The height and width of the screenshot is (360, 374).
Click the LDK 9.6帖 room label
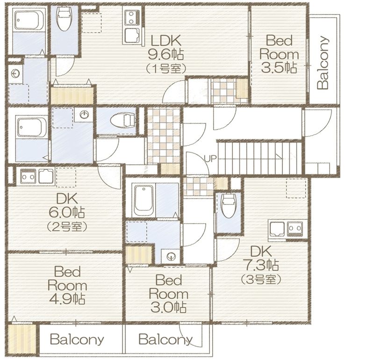[166, 47]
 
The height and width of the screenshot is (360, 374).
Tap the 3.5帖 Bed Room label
[279, 54]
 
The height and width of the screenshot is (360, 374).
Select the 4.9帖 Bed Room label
[67, 286]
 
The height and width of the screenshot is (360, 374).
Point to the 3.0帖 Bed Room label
[168, 294]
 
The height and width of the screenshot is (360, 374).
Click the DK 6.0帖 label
[66, 205]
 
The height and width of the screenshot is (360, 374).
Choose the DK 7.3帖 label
[261, 258]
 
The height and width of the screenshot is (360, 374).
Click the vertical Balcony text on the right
[323, 63]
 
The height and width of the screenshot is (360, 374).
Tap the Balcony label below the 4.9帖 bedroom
[77, 339]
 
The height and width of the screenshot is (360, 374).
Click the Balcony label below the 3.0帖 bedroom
[165, 339]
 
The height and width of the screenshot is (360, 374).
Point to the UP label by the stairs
[210, 158]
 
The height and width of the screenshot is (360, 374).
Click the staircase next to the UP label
[260, 158]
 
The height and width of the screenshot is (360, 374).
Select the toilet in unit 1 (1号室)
[64, 18]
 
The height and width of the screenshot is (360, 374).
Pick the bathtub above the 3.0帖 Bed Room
[144, 201]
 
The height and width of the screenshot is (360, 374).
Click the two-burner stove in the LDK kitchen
[131, 17]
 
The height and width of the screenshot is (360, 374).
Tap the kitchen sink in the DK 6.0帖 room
[46, 177]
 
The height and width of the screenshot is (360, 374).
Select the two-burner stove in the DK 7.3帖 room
[295, 229]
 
